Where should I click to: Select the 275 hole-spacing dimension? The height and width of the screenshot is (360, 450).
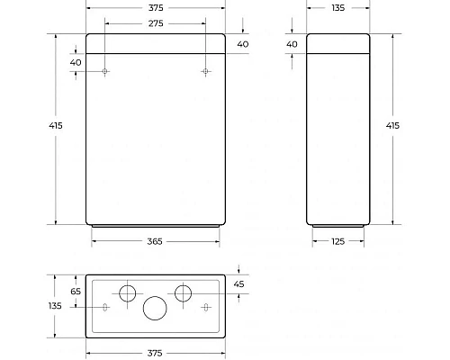(x=155, y=23)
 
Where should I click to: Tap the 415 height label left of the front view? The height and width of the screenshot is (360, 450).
(x=56, y=127)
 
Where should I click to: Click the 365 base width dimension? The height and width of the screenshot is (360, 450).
(x=155, y=240)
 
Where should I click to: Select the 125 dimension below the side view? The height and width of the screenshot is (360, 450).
(x=338, y=240)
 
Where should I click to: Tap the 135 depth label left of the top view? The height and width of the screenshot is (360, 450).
(x=56, y=306)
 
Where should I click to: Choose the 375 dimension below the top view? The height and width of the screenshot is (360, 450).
(x=155, y=353)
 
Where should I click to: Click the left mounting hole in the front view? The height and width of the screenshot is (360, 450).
(x=105, y=71)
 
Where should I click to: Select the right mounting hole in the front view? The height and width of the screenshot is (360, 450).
(x=205, y=71)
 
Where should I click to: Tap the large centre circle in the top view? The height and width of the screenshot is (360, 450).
(x=155, y=308)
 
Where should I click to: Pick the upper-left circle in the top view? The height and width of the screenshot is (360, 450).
(x=128, y=292)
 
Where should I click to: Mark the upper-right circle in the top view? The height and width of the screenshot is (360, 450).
(x=183, y=292)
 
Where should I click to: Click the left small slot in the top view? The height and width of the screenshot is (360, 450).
(x=105, y=308)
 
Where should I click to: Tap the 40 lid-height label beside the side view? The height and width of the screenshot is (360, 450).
(x=292, y=44)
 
